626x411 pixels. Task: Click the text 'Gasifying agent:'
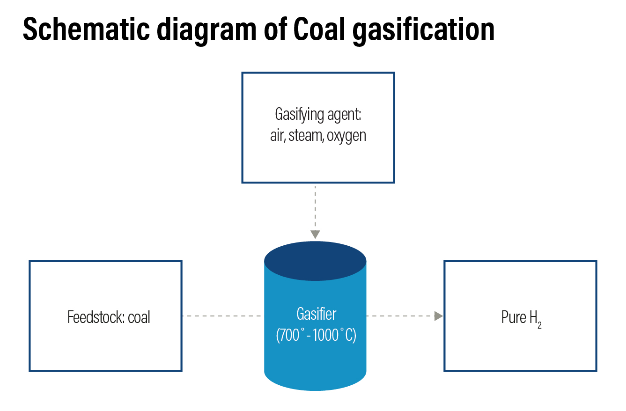(x=318, y=115)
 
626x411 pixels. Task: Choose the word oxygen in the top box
(x=346, y=136)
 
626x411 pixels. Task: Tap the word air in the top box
(x=277, y=136)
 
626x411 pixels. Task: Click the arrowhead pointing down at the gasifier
(x=315, y=234)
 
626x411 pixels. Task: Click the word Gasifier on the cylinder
(x=316, y=313)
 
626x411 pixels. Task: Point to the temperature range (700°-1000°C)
(x=316, y=335)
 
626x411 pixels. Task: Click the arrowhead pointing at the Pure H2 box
(x=438, y=316)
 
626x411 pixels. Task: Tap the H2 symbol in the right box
(x=535, y=318)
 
